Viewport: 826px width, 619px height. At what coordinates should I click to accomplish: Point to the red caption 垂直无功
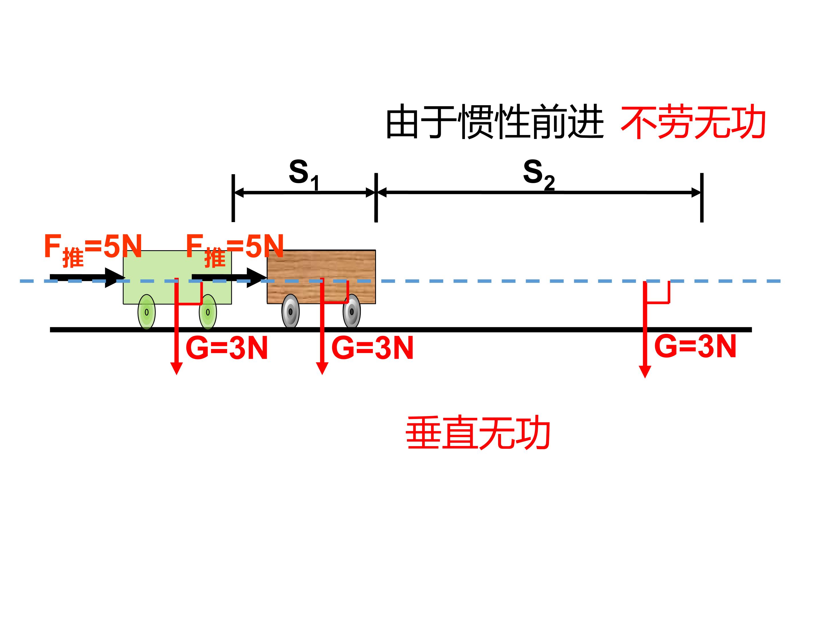[x=478, y=433]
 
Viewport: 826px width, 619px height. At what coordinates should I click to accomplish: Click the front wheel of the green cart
[x=208, y=312]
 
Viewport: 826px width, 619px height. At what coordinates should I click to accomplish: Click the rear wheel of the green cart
[x=147, y=312]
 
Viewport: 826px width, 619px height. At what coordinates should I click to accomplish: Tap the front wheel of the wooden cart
[x=352, y=311]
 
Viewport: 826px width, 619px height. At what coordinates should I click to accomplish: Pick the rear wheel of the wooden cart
[x=291, y=311]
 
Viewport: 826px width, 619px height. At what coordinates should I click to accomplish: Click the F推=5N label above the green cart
[x=93, y=250]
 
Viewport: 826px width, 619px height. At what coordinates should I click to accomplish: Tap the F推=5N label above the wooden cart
[x=235, y=250]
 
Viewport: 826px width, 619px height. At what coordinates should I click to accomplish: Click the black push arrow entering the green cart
[x=88, y=278]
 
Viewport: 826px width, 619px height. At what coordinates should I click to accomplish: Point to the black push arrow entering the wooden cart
[x=230, y=278]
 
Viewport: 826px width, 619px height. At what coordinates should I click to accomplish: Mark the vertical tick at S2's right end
[x=702, y=198]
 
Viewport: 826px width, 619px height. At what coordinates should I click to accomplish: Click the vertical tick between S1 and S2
[x=376, y=198]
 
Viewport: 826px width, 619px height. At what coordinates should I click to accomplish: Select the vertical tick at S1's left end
[x=233, y=198]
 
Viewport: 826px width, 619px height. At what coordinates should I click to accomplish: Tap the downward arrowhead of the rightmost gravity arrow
[x=645, y=372]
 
